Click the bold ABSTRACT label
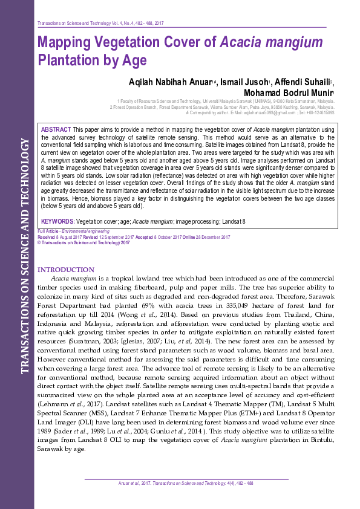[56, 131]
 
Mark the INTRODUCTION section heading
[66, 270]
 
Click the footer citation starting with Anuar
[185, 483]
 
